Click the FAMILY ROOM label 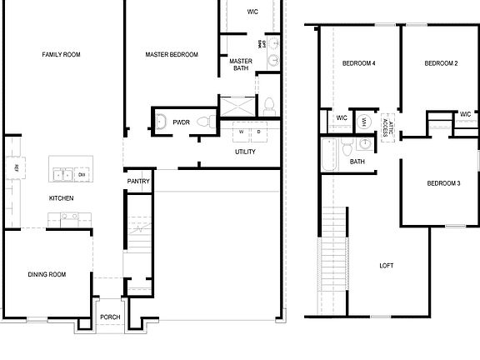tap(61, 55)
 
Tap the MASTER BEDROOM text tap(171, 55)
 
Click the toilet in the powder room tap(162, 122)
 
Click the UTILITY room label tap(245, 152)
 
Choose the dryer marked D tap(258, 131)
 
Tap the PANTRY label tap(138, 181)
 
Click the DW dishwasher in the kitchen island tap(82, 174)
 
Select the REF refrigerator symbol tap(16, 168)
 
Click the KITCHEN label tap(61, 198)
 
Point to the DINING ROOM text tap(47, 274)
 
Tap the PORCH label tap(110, 317)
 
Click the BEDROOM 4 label tap(358, 63)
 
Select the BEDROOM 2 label tap(440, 63)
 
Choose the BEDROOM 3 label tap(443, 183)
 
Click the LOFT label tap(386, 266)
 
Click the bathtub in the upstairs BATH tap(327, 155)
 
